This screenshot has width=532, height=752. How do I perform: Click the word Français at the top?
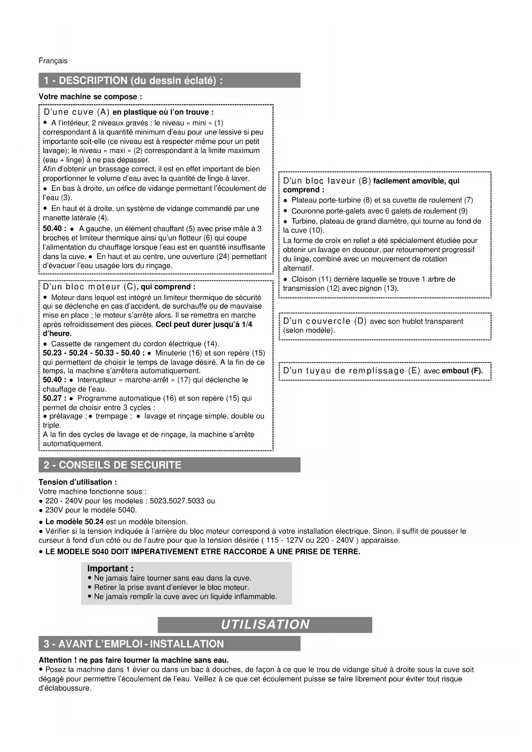pos(53,61)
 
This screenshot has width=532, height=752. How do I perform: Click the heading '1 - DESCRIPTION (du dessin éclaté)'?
pos(133,81)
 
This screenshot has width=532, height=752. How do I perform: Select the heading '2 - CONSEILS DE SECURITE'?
pos(112,465)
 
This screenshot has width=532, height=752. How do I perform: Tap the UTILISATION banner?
pos(265,625)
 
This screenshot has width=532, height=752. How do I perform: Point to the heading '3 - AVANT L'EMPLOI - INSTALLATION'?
pos(134,644)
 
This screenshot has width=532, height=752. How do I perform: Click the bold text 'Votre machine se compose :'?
pos(90,97)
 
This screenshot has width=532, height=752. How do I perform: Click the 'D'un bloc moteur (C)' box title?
pos(90,287)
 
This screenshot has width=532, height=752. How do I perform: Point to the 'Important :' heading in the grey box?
pos(110,569)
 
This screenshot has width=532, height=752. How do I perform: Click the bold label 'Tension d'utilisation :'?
pos(78,482)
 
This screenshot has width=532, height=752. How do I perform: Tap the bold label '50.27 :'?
pos(54,399)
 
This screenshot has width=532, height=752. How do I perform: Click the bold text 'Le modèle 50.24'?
pos(75,522)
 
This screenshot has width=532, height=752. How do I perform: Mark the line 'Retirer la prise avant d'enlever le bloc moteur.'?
pos(171,587)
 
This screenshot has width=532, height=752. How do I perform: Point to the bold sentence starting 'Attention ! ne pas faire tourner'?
pos(134,660)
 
